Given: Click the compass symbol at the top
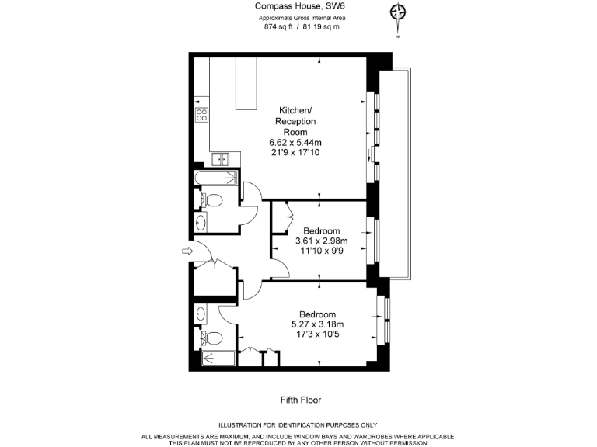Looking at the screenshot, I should pos(399,13).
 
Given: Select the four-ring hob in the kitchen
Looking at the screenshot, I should pos(201,116).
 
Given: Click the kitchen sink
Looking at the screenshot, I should pos(221,160).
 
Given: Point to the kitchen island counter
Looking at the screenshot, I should pos(248,85).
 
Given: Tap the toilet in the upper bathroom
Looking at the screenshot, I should pos(211,202).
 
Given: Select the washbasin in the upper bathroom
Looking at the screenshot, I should pos(201,223).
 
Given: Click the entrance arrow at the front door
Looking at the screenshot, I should pos(186,251).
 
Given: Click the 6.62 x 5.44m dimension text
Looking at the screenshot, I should pos(295,143).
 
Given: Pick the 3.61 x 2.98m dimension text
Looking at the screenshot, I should pos(321,241).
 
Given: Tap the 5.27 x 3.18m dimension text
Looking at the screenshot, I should pos(316,324).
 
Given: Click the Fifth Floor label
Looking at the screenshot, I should pos(300,400).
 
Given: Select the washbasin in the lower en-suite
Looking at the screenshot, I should pos(201,314).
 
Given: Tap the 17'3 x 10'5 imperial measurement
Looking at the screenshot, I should pos(316,334).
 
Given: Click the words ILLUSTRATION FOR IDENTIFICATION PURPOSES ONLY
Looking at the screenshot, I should pos(298,424).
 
